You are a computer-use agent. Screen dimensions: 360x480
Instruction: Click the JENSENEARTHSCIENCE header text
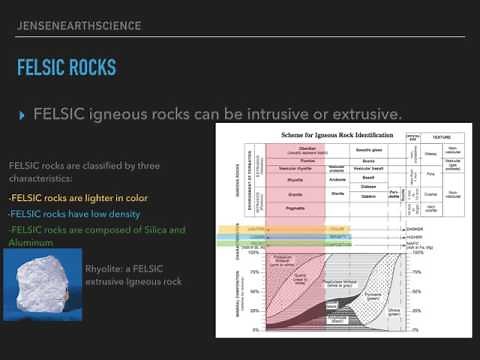point(79,25)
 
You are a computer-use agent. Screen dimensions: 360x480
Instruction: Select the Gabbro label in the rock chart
point(368,196)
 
